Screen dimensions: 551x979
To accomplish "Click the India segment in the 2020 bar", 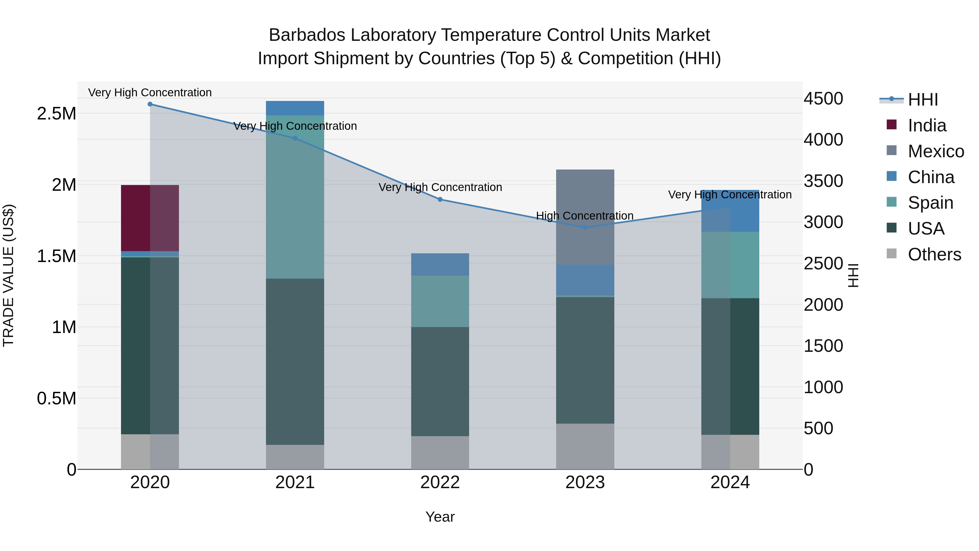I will click(150, 218).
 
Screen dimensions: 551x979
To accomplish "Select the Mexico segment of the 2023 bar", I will click(585, 217).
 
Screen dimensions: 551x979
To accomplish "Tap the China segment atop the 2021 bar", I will click(295, 108).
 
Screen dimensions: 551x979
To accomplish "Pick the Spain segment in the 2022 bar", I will click(440, 301).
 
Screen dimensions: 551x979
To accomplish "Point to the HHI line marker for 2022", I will click(440, 199).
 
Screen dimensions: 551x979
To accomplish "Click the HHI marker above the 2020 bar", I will click(150, 104).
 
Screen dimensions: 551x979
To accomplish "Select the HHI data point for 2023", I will click(585, 228).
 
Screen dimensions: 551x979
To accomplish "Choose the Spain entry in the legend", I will click(930, 203).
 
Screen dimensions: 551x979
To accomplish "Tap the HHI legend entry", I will click(923, 100).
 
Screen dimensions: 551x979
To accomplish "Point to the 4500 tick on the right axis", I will click(823, 98).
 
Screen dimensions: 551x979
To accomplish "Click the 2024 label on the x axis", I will click(730, 482).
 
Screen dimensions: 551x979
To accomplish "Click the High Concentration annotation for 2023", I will click(584, 216).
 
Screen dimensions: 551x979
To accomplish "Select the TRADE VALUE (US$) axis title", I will click(8, 275).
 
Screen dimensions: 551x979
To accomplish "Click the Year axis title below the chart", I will click(440, 517).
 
